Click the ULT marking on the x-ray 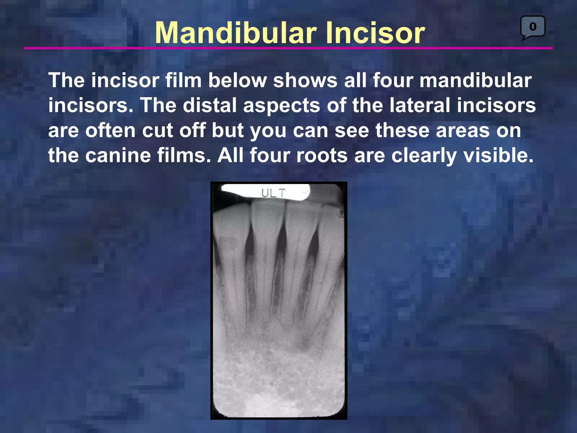273,193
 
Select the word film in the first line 183,80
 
